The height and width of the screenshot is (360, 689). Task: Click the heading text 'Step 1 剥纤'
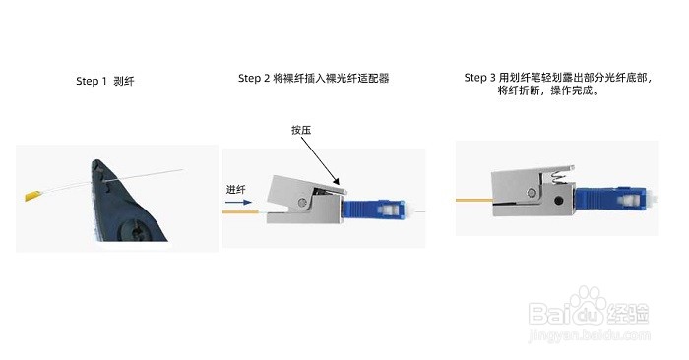pyautogui.click(x=104, y=82)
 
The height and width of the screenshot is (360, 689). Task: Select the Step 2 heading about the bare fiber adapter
pyautogui.click(x=313, y=78)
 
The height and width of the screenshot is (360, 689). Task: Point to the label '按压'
pyautogui.click(x=301, y=130)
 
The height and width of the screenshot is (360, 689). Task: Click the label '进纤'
pyautogui.click(x=236, y=189)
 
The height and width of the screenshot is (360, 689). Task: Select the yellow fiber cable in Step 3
pyautogui.click(x=472, y=200)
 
